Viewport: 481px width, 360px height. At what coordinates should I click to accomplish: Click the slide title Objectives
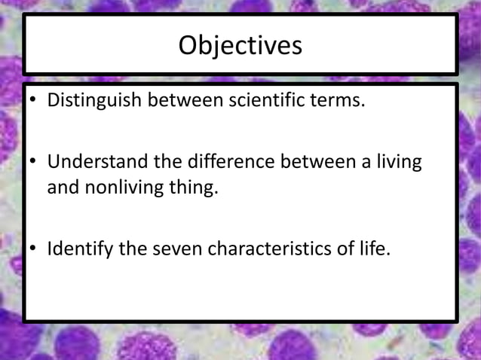[240, 46]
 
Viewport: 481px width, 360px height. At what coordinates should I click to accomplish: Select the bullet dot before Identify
[33, 249]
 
